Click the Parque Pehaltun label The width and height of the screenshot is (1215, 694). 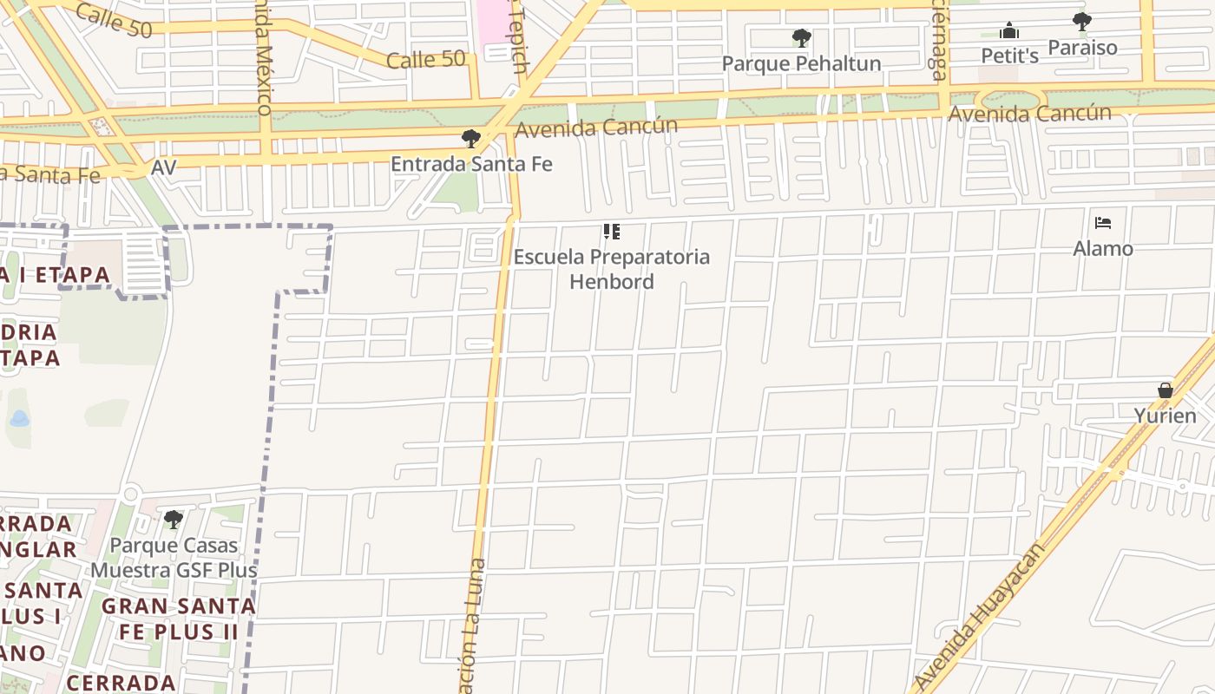coord(801,63)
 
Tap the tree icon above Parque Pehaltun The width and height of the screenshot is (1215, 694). coord(802,38)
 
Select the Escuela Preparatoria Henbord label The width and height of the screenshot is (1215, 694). coord(612,269)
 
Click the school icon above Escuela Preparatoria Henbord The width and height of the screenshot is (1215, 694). coord(612,232)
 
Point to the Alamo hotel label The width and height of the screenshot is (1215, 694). coord(1103,249)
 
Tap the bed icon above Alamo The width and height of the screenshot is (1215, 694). coord(1103,224)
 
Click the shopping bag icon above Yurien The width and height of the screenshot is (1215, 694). coord(1166,390)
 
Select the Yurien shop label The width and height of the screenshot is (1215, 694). coord(1166,416)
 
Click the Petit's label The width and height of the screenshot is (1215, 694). coord(1009,56)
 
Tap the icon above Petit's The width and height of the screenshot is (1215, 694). coord(1009,31)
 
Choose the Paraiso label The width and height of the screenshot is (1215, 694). coord(1082,47)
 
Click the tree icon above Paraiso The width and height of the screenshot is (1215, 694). coord(1081,21)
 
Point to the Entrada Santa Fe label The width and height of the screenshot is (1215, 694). coord(471,164)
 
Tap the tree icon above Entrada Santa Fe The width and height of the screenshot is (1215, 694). coord(470,139)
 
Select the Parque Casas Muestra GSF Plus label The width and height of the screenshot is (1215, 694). coord(174,558)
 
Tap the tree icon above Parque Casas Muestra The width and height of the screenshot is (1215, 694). coord(174,520)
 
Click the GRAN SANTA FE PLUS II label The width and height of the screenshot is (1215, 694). coord(178,619)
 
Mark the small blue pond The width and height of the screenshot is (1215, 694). coord(19,419)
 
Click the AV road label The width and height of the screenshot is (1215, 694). coord(163,167)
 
